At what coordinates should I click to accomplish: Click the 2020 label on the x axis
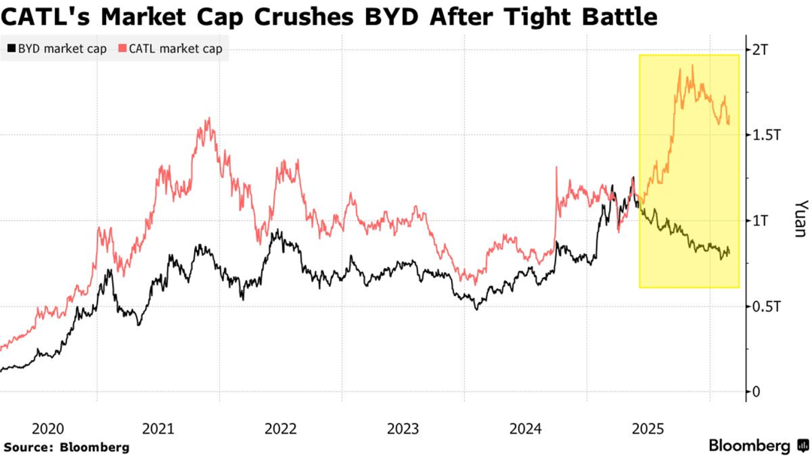pos(48,429)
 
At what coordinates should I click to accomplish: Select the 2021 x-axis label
pos(158,429)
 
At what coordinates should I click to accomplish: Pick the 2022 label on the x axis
pos(280,429)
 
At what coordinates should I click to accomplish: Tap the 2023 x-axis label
pos(403,429)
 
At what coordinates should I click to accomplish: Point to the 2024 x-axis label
pos(526,429)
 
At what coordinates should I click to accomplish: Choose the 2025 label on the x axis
pos(648,429)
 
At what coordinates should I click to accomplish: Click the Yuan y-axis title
pos(800,219)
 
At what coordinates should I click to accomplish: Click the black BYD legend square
pos(11,50)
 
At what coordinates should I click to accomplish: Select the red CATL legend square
pos(123,50)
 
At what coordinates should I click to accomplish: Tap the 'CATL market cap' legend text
pos(175,50)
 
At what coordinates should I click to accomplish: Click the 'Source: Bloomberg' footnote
pos(66,447)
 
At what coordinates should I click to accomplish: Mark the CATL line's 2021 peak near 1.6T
pos(208,118)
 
